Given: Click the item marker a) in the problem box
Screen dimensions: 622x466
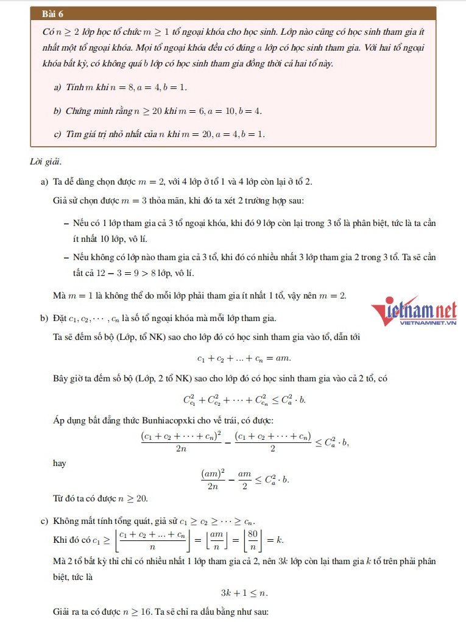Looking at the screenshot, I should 58,88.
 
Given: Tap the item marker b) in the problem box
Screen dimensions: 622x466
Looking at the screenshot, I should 58,111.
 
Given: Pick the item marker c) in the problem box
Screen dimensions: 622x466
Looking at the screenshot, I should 58,134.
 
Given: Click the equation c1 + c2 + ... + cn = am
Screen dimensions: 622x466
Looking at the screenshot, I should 244,358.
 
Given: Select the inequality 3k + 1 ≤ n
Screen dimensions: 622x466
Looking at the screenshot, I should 244,592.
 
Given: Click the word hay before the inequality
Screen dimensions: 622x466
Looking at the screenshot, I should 60,464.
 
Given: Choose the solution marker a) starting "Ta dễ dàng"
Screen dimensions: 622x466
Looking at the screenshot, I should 44,182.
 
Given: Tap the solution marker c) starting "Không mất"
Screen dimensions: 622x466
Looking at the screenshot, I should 44,521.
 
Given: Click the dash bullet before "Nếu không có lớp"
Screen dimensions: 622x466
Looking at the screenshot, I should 66,256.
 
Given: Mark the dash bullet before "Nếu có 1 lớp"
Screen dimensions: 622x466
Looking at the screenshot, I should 66,223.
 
